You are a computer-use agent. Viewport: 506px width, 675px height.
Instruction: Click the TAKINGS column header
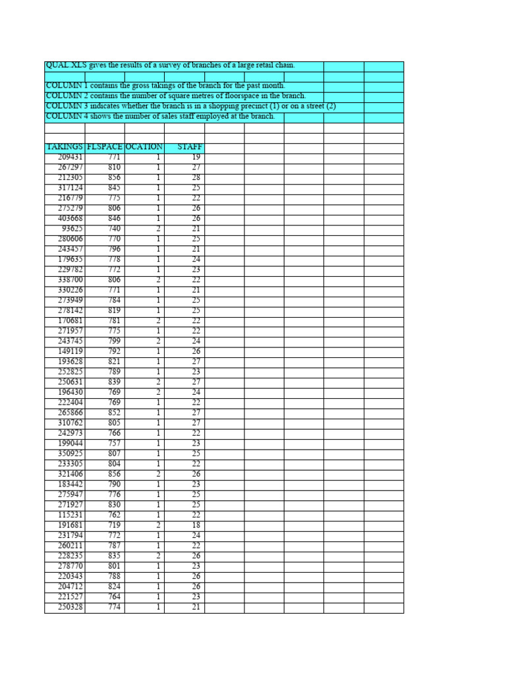click(x=65, y=147)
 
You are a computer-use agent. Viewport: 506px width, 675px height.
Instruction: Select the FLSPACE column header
click(x=105, y=147)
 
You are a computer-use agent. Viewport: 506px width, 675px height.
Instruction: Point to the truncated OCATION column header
click(x=144, y=147)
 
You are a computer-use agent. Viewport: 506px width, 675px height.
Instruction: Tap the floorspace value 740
click(x=114, y=229)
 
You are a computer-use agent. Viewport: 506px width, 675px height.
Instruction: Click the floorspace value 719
click(x=114, y=525)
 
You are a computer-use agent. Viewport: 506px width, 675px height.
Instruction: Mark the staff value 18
click(x=196, y=525)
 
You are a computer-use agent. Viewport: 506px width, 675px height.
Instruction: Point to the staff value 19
click(x=196, y=158)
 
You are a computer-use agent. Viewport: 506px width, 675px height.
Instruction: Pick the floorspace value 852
click(x=114, y=413)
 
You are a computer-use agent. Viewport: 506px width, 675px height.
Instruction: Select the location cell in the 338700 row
click(x=158, y=280)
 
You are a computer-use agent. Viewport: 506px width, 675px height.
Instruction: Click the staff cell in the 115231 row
click(x=196, y=515)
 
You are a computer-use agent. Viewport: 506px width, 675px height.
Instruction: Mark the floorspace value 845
click(x=114, y=188)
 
